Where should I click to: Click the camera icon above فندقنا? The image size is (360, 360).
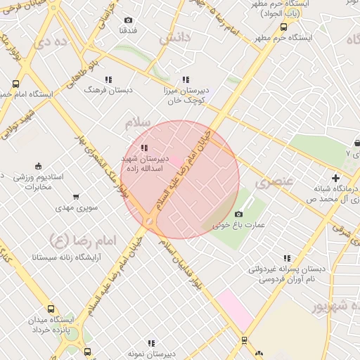click(x=127, y=20)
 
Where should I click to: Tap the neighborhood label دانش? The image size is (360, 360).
click(x=174, y=39)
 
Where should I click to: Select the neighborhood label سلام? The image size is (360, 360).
click(x=138, y=123)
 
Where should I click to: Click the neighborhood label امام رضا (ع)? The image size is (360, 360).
click(x=78, y=241)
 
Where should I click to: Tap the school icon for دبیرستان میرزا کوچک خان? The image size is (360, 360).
click(x=186, y=80)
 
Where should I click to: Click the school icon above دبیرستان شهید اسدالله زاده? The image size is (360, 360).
click(x=144, y=148)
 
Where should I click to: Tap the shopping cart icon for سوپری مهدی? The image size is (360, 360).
click(x=77, y=197)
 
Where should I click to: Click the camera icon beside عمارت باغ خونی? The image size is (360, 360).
click(x=238, y=214)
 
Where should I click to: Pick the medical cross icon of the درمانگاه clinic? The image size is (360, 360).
click(x=336, y=178)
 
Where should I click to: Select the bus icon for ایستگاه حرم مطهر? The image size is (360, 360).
click(x=283, y=27)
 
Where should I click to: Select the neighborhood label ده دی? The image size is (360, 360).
click(x=56, y=41)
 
